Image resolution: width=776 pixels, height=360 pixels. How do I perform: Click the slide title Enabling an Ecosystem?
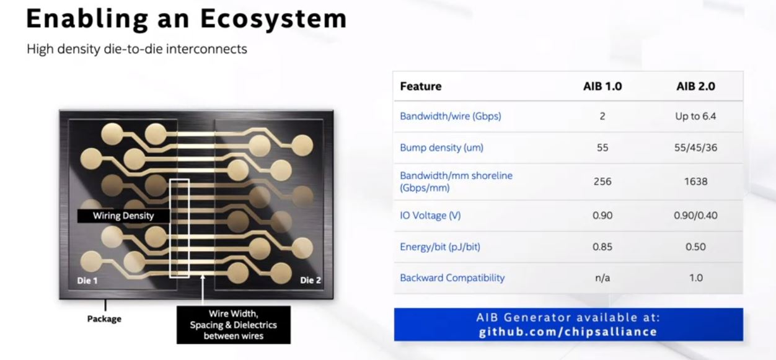point(187,19)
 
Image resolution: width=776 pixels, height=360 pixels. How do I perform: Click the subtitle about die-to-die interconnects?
point(137,49)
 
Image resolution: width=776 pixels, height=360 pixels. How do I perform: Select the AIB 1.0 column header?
point(602,86)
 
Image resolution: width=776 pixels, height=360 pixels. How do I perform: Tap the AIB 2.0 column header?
point(695,86)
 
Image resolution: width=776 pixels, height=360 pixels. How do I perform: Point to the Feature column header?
point(421,86)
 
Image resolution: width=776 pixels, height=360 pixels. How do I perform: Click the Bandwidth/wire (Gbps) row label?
point(451,116)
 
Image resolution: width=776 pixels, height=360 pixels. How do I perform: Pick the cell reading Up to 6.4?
point(695,116)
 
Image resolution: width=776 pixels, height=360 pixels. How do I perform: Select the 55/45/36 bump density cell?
point(695,147)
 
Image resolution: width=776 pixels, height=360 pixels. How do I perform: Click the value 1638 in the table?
point(695,181)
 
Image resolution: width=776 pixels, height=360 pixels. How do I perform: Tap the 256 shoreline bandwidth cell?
point(602,181)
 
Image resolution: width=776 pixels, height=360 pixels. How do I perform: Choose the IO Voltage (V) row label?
point(430,216)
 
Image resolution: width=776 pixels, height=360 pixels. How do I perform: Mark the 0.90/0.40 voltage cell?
point(695,216)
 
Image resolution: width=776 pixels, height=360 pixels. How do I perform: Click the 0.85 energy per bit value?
point(602,247)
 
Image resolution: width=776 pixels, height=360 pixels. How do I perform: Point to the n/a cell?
point(602,278)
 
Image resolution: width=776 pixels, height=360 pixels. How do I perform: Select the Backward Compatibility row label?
point(452,278)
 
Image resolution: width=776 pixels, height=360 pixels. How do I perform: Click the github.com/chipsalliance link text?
point(568,332)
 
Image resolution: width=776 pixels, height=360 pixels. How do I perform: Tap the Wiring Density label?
point(123,216)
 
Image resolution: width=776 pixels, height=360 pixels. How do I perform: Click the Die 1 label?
point(87,281)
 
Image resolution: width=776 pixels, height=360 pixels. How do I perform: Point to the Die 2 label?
point(311,280)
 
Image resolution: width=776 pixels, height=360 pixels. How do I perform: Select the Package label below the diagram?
point(104,318)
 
